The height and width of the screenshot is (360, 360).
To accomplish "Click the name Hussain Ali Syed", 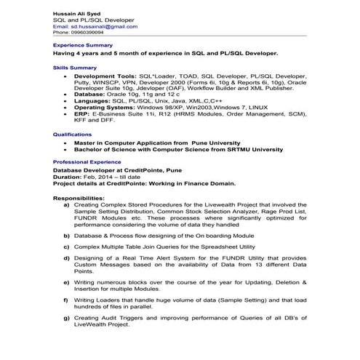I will pos(76,13).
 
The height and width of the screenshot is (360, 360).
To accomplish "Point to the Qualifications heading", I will pos(71,135).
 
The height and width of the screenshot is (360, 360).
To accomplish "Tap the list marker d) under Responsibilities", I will pos(67,257).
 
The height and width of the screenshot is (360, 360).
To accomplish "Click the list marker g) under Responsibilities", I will pos(67,318).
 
